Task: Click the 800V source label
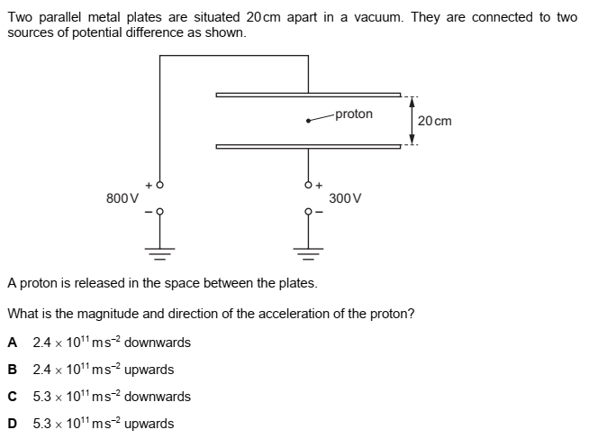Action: pos(122,197)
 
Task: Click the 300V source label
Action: pos(346,197)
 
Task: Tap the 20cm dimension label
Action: pos(435,121)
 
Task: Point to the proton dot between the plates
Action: pos(309,121)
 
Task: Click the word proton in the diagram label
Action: pos(353,114)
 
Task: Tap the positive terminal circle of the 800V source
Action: pos(160,184)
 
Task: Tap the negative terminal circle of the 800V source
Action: pos(160,213)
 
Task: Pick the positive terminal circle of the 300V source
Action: pos(308,184)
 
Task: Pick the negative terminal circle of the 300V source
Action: pos(308,213)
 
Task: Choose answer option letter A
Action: pos(13,343)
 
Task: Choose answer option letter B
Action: pos(13,370)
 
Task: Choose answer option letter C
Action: pos(13,397)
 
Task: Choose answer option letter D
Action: pos(13,424)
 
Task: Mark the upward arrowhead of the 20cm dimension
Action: pos(412,99)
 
